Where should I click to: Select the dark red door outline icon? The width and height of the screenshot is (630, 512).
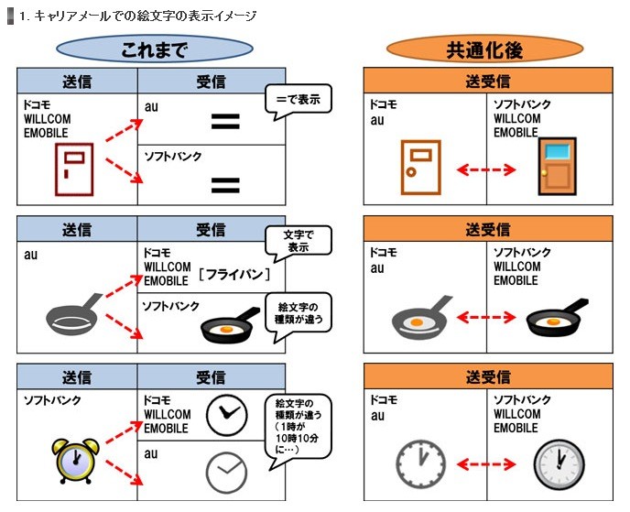(74, 169)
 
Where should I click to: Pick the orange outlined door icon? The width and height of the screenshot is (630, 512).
(418, 167)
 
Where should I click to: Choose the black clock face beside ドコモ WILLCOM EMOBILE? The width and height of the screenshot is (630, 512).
(226, 415)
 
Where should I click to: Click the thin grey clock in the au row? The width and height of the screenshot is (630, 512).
(226, 472)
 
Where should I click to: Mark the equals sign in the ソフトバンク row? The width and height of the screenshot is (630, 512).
(225, 186)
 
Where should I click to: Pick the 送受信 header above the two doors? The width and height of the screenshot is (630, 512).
(487, 82)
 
